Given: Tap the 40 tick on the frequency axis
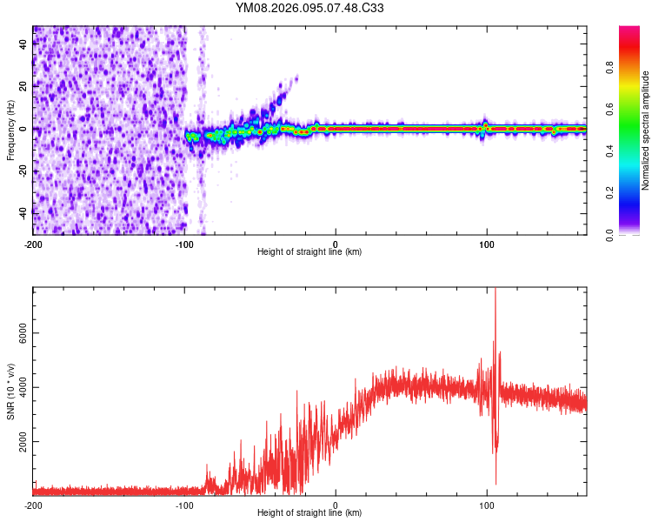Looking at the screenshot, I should point(23,46).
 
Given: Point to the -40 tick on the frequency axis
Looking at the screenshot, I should point(23,211).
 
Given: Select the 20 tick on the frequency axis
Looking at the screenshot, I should point(23,87).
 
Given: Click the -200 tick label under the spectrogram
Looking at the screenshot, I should point(33,244).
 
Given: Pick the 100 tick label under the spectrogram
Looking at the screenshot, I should point(487,244).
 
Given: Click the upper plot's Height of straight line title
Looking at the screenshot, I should point(309,252).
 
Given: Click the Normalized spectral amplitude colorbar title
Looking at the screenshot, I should point(645,130).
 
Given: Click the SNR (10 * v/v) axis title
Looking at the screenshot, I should point(10,391).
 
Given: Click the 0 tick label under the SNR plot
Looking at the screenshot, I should point(336,505).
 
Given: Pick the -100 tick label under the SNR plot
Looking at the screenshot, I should point(184,505).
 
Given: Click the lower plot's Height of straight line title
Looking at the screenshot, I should point(309,513).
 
